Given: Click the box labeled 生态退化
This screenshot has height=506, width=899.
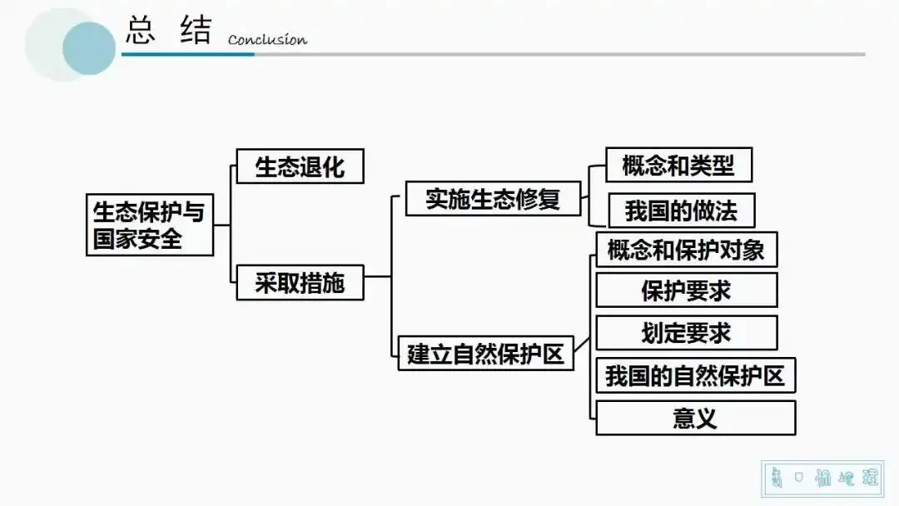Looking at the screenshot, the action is pyautogui.click(x=300, y=166).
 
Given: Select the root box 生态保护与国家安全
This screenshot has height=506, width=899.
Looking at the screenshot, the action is pyautogui.click(x=149, y=226).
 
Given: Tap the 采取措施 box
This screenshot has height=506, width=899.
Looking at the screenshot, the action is pyautogui.click(x=300, y=284).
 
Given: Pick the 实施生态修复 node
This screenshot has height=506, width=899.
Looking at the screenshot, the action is pyautogui.click(x=493, y=200).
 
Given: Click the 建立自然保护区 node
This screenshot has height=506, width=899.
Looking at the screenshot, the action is pyautogui.click(x=485, y=354).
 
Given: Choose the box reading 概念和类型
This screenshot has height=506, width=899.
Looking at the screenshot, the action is pyautogui.click(x=678, y=166).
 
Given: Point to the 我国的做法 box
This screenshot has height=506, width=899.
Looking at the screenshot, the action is pyautogui.click(x=681, y=211).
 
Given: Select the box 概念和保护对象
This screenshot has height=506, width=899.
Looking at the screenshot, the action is pyautogui.click(x=686, y=250).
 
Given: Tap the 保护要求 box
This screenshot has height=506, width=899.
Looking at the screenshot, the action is pyautogui.click(x=686, y=290).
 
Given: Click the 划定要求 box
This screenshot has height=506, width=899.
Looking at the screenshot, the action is pyautogui.click(x=686, y=333).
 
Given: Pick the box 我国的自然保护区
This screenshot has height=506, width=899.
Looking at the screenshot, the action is pyautogui.click(x=695, y=375).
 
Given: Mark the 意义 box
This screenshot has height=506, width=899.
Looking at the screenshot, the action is pyautogui.click(x=695, y=418).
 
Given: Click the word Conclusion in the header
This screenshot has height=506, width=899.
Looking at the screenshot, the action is pyautogui.click(x=267, y=39).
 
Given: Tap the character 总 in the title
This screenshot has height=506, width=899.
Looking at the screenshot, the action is pyautogui.click(x=142, y=31).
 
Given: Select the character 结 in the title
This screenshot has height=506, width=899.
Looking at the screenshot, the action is pyautogui.click(x=196, y=31).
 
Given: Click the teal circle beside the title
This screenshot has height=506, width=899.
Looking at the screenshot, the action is pyautogui.click(x=88, y=48).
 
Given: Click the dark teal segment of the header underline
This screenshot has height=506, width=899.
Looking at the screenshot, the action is pyautogui.click(x=187, y=54).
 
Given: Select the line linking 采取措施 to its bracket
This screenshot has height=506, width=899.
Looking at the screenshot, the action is pyautogui.click(x=378, y=276).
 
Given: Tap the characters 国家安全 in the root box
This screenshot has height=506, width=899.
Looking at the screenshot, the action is pyautogui.click(x=137, y=240).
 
